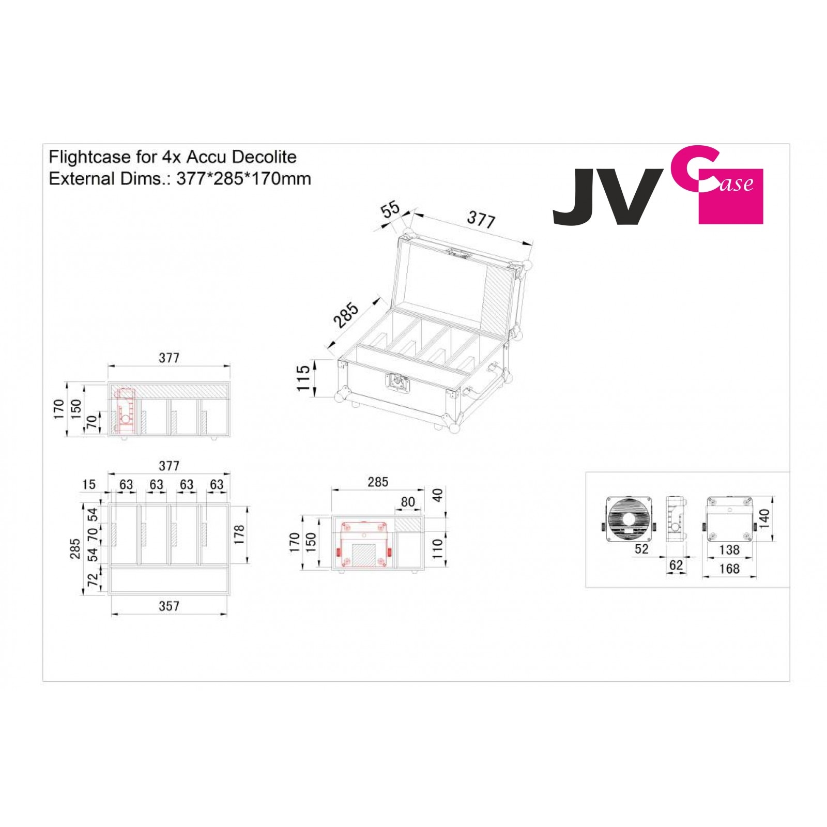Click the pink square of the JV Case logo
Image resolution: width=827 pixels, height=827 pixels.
(x=730, y=207)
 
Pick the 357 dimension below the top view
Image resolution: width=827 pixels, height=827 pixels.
(x=169, y=606)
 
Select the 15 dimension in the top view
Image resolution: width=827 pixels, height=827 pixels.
(x=89, y=484)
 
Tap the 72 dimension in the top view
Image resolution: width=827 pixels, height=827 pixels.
(x=93, y=580)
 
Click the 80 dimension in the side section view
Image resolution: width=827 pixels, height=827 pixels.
(x=408, y=502)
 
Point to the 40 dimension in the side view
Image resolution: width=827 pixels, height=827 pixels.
(x=438, y=495)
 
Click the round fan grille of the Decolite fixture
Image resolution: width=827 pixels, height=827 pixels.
(x=629, y=519)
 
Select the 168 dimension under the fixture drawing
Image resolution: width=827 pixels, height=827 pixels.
(x=729, y=569)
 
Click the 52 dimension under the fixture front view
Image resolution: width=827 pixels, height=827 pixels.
(x=641, y=549)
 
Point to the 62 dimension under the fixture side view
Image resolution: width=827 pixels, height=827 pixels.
(x=676, y=565)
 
